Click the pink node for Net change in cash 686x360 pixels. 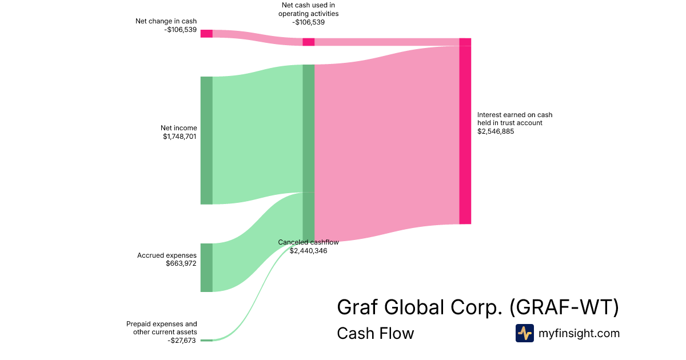[x=206, y=34]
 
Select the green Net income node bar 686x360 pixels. [x=206, y=140]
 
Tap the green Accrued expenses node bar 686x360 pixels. [x=206, y=267]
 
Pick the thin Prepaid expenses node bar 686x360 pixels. [x=206, y=340]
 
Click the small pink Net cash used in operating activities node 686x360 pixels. [x=308, y=42]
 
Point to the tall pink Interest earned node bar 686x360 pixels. [x=465, y=134]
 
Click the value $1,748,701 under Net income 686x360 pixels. [x=180, y=137]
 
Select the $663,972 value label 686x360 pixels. [x=181, y=263]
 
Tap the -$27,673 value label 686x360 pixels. [x=182, y=340]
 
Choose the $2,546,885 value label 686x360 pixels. [x=496, y=131]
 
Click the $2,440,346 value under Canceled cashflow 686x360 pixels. [x=308, y=250]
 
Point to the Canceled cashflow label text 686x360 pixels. [x=308, y=242]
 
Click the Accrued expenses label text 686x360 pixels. [x=167, y=255]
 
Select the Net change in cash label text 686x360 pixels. [x=166, y=21]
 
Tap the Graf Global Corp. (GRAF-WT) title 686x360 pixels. [x=478, y=307]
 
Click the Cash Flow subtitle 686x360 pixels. [x=375, y=333]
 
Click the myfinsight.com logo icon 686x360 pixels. [x=524, y=333]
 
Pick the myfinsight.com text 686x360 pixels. [x=579, y=333]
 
